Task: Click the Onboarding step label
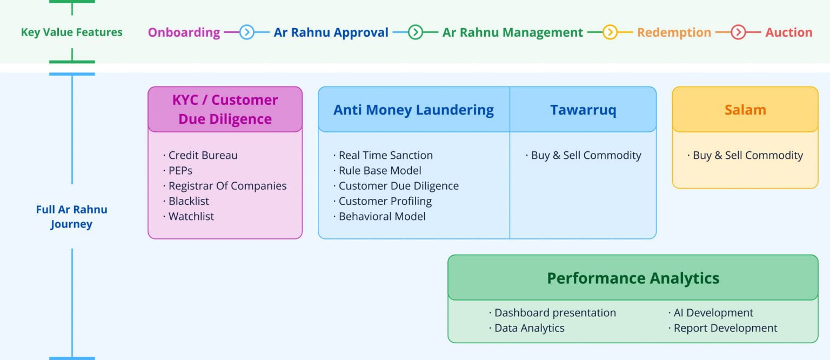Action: click(184, 32)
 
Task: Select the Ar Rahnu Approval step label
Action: click(331, 32)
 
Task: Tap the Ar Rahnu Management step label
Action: click(512, 32)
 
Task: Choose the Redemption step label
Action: click(674, 32)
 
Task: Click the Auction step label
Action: click(788, 32)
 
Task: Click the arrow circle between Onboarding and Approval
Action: click(246, 32)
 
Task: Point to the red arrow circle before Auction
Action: click(738, 32)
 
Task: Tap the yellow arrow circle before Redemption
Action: click(610, 32)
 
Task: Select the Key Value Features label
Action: click(71, 32)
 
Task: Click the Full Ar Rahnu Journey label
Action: click(71, 217)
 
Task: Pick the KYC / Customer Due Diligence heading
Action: click(225, 109)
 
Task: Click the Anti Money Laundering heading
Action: click(413, 110)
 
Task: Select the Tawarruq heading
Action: click(583, 110)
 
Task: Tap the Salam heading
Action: click(745, 110)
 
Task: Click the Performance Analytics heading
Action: click(633, 278)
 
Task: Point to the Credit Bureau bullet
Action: click(203, 155)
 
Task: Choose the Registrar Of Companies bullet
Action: click(227, 186)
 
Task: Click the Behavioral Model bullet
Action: click(381, 216)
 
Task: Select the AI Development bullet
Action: click(713, 313)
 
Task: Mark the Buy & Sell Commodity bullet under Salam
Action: click(747, 155)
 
